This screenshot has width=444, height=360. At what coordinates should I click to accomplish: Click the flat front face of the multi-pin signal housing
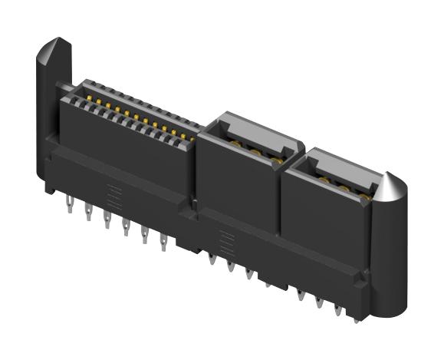(123, 146)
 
